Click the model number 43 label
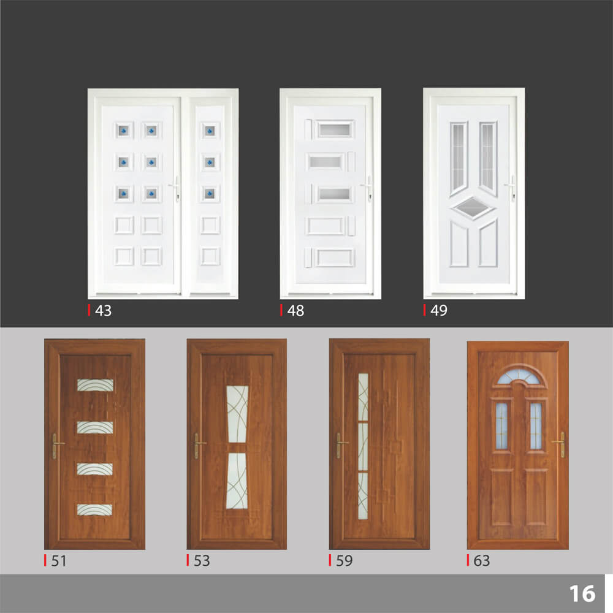pyautogui.click(x=103, y=311)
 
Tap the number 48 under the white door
pyautogui.click(x=295, y=311)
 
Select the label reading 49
pyautogui.click(x=439, y=310)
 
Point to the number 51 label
pyautogui.click(x=59, y=561)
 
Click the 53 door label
pyautogui.click(x=202, y=561)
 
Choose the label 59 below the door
pyautogui.click(x=344, y=561)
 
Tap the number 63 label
pyautogui.click(x=482, y=561)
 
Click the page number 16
pyautogui.click(x=582, y=594)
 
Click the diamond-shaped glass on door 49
pyautogui.click(x=473, y=207)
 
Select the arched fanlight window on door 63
pyautogui.click(x=519, y=377)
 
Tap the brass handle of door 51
pyautogui.click(x=56, y=446)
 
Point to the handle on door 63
pyautogui.click(x=561, y=444)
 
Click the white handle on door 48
pyautogui.click(x=368, y=188)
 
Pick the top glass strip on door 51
pyautogui.click(x=96, y=386)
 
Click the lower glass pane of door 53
pyautogui.click(x=237, y=481)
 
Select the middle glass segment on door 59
pyautogui.click(x=363, y=447)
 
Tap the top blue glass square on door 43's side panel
pyautogui.click(x=210, y=131)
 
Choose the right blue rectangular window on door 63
pyautogui.click(x=536, y=425)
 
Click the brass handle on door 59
pyautogui.click(x=340, y=445)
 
